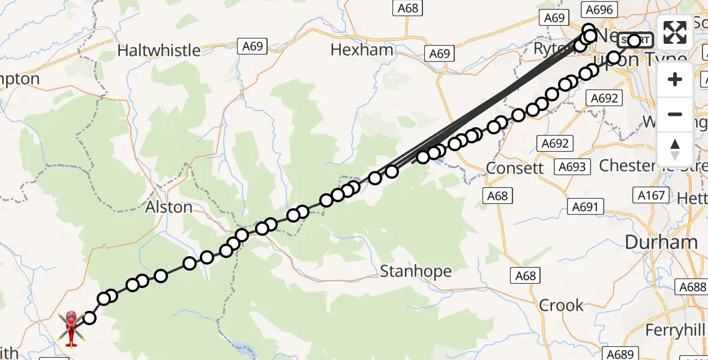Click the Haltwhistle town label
point(158,50)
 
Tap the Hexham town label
point(362,50)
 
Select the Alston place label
point(169,208)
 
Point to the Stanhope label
point(415,272)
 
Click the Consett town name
point(514,168)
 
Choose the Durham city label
point(661,243)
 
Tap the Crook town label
point(561,305)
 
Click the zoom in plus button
point(675,79)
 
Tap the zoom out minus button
point(675,114)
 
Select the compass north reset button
point(675,149)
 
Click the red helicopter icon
point(71,328)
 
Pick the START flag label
point(635,40)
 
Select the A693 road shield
point(571,166)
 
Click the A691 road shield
point(585,207)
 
